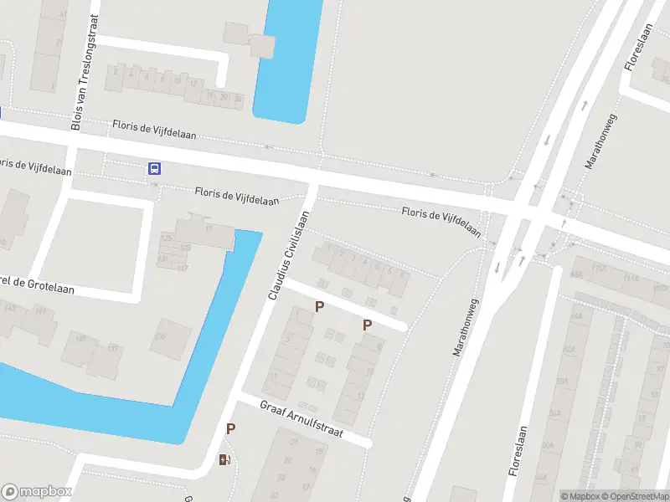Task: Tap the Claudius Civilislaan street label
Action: pos(289,255)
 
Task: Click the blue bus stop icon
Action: pos(154,168)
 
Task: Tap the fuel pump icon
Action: pos(224,458)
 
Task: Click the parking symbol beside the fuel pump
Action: pos(230,428)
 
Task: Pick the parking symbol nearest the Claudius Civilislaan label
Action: pos(319,307)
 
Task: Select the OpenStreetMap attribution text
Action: pos(633,496)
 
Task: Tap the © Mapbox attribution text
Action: pos(580,496)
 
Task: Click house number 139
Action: pos(82,338)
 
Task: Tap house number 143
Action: pos(11,308)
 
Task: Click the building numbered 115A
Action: pos(600,269)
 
